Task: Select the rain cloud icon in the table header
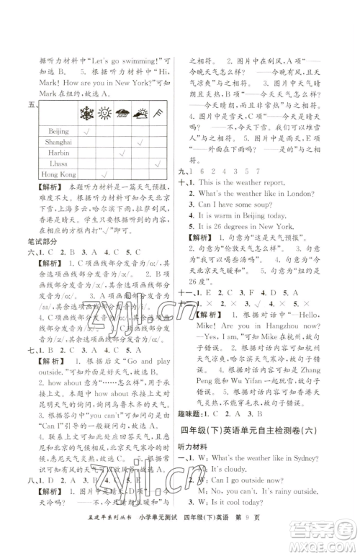[125, 113]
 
